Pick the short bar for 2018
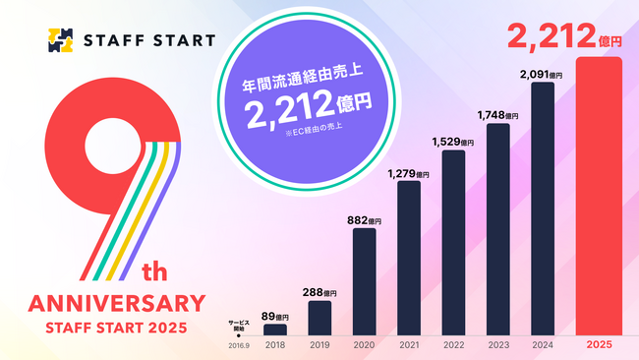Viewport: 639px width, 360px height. click(x=275, y=330)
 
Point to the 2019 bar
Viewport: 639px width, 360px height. click(x=319, y=318)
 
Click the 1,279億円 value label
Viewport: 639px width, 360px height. click(x=409, y=174)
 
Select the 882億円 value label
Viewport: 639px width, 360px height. click(x=364, y=221)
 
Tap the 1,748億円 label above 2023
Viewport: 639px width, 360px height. click(x=497, y=116)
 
